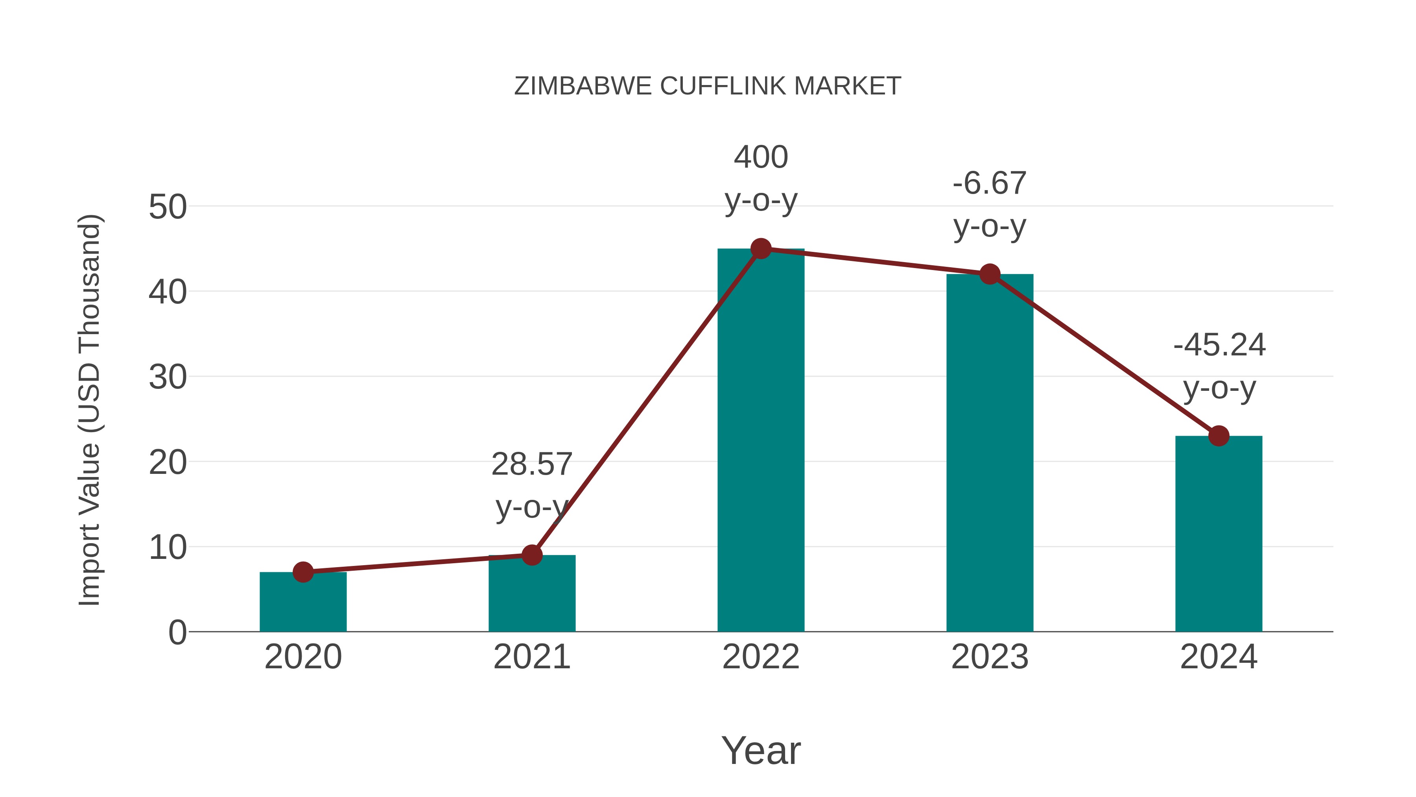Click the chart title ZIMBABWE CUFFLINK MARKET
point(708,86)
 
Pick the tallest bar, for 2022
point(761,440)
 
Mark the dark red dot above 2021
point(531,555)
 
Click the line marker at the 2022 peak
point(761,249)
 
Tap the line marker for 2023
point(990,274)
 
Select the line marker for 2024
point(1219,436)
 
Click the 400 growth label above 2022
point(761,157)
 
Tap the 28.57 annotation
point(531,464)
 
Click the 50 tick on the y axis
point(168,208)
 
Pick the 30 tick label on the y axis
point(168,378)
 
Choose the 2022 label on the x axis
point(761,657)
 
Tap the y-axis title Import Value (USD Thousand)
point(89,410)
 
